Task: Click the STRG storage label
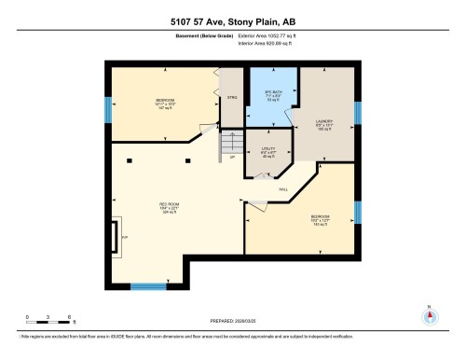click(x=231, y=96)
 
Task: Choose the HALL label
click(x=282, y=189)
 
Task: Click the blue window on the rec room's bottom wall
click(x=147, y=285)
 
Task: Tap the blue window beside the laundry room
click(x=357, y=112)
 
